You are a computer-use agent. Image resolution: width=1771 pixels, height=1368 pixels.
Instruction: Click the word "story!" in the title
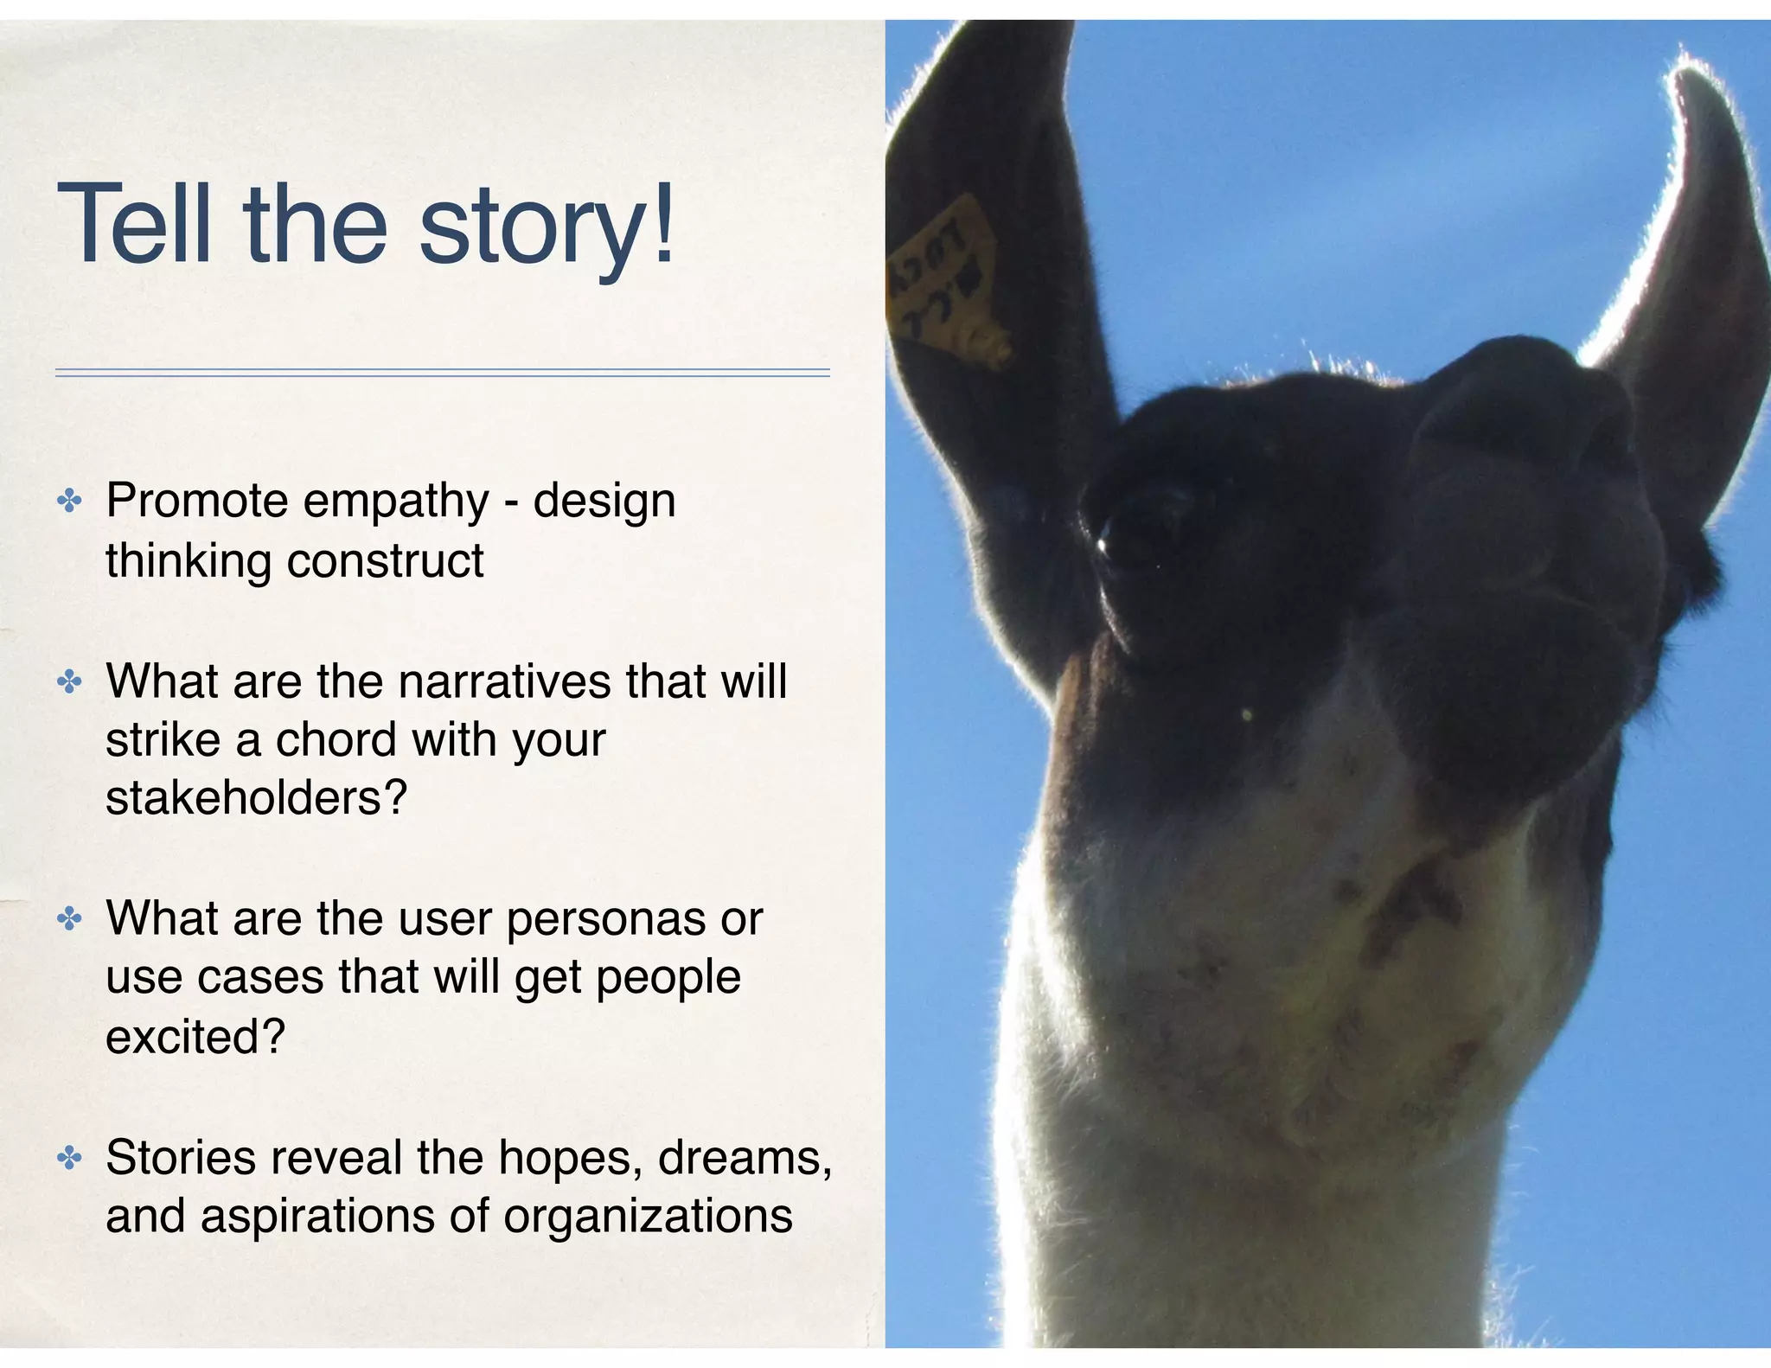546,227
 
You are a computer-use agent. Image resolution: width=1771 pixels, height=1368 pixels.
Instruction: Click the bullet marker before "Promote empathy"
69,501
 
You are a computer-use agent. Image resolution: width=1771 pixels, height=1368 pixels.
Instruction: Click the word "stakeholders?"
256,797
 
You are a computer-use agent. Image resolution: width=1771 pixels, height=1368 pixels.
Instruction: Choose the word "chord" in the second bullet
336,740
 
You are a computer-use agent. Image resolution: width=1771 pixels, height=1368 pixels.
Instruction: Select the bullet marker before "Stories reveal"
69,1158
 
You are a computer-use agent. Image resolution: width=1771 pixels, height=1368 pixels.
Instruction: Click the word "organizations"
648,1216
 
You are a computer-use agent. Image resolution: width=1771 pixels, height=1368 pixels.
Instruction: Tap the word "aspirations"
316,1218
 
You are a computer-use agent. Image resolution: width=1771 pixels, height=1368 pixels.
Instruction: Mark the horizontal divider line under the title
442,373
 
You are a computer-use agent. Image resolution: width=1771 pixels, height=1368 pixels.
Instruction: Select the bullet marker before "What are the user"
69,918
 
